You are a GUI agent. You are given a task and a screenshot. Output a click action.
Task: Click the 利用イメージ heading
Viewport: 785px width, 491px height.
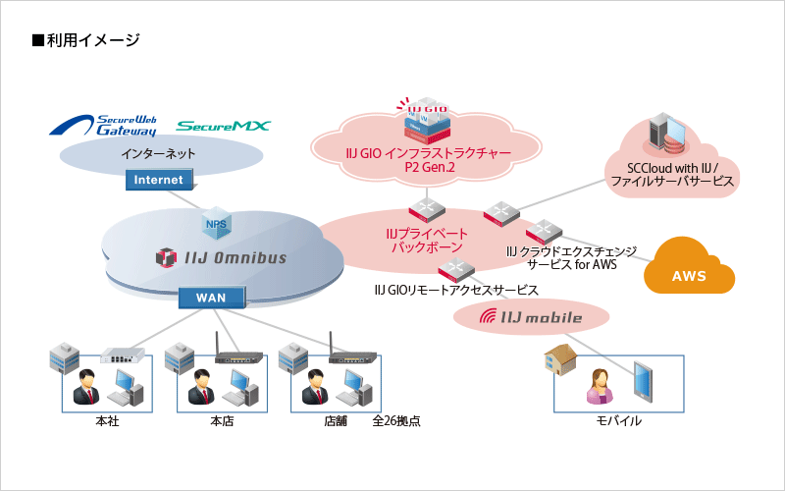click(x=86, y=40)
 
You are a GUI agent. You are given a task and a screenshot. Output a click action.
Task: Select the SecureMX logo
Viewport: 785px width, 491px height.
click(x=223, y=126)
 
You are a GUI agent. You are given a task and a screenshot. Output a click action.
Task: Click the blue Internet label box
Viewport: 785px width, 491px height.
click(x=158, y=180)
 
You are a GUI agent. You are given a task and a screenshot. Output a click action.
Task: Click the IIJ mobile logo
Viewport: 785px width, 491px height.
click(x=530, y=317)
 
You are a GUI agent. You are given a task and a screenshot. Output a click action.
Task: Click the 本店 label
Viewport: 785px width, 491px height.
click(x=222, y=421)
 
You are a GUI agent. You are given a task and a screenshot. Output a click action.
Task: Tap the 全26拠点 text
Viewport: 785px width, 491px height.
click(x=397, y=421)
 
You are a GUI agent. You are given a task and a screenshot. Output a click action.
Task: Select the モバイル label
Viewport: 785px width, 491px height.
click(x=620, y=421)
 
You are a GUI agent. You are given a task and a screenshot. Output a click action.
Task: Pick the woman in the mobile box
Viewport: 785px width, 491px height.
click(x=600, y=384)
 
